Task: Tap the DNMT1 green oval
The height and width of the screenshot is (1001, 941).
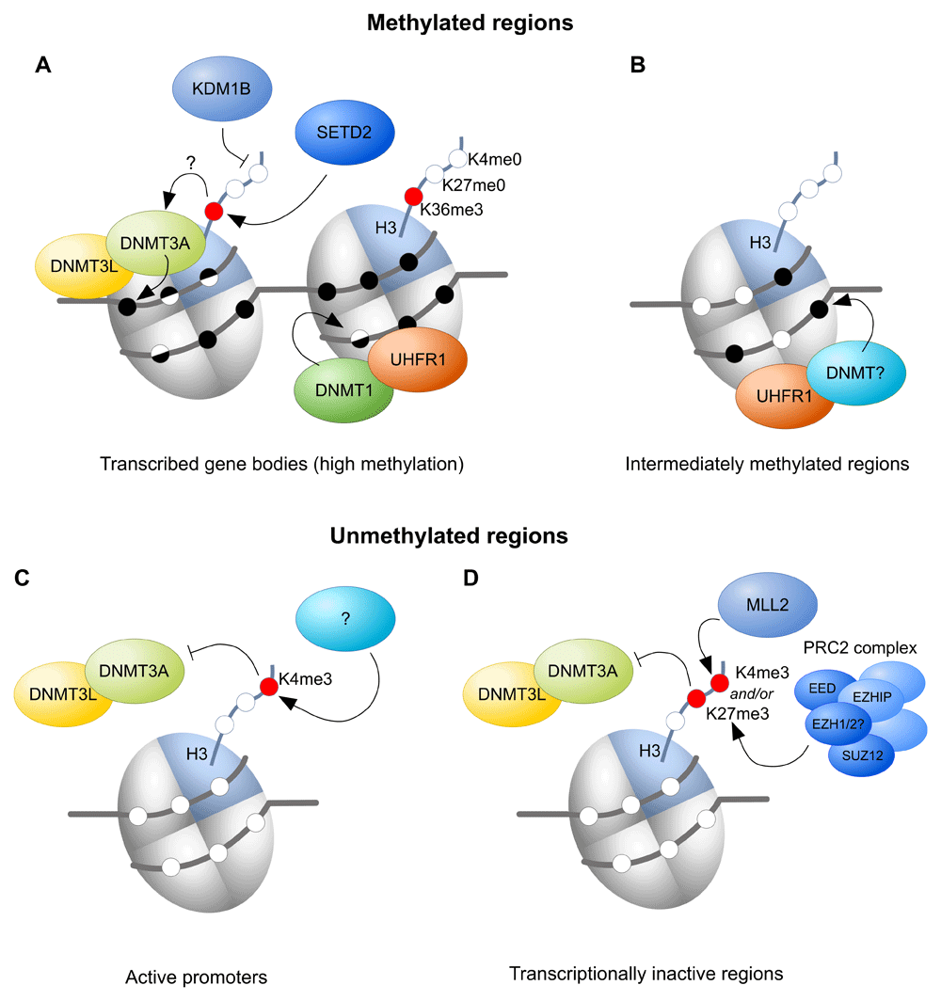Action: (343, 388)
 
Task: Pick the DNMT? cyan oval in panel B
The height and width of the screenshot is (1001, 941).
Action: (855, 373)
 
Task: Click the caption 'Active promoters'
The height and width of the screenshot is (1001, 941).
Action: (196, 977)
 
